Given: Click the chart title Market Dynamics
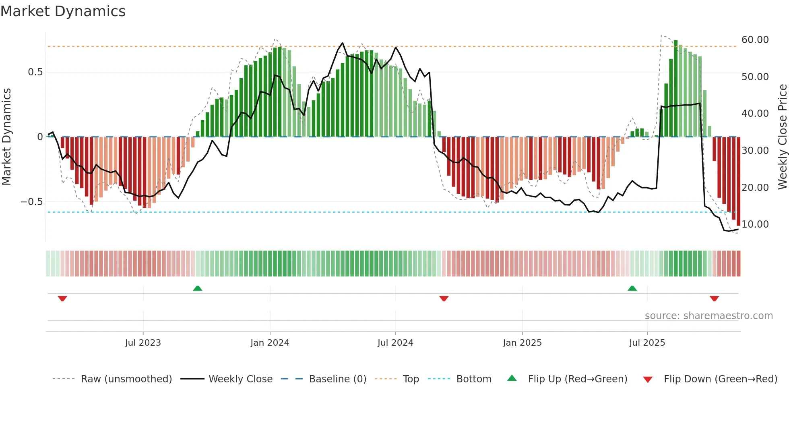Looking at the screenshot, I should (63, 11).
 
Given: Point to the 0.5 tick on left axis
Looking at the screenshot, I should (35, 72).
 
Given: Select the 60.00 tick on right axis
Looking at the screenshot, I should (755, 39).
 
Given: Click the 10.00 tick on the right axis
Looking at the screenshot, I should (755, 224).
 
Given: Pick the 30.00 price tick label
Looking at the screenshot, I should (755, 150).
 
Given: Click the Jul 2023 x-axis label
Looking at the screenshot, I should (143, 342).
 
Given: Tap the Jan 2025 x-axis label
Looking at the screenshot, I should (522, 342).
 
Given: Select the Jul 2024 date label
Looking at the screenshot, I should (395, 342).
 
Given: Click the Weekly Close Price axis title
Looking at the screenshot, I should (782, 137).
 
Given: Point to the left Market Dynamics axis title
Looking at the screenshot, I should (6, 137).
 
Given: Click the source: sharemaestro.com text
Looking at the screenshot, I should (708, 315).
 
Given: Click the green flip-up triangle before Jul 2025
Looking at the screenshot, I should (632, 288).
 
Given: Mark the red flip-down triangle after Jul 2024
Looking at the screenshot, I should (444, 299).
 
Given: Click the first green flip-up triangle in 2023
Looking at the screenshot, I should (197, 288).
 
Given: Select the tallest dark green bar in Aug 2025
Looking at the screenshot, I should (676, 89).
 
